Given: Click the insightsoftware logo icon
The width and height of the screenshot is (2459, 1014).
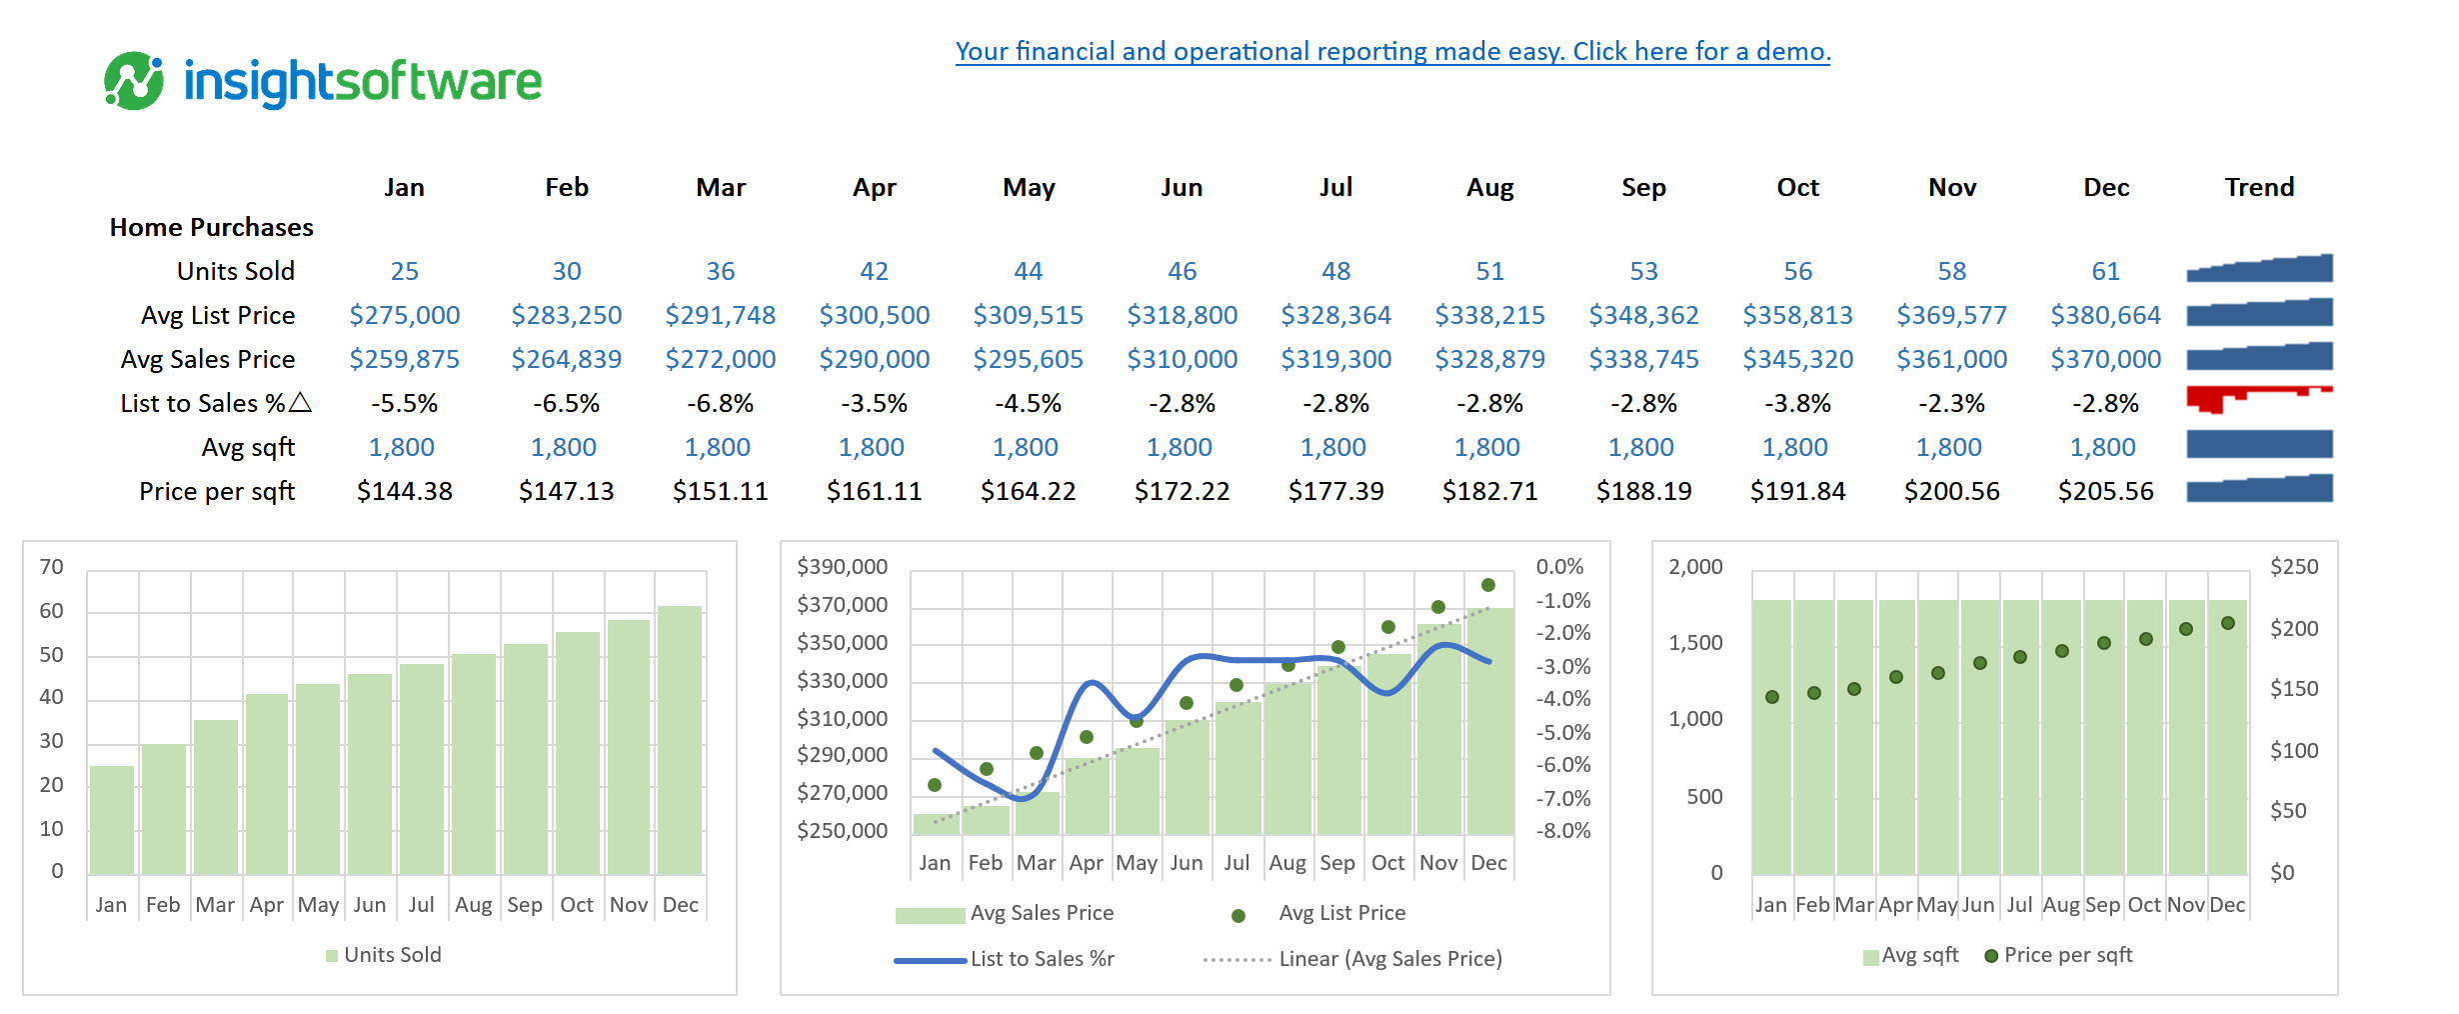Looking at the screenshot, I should pos(134,81).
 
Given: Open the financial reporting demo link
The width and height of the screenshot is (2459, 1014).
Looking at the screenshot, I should pos(1391,51).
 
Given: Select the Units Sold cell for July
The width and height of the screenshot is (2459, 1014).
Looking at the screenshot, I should pos(1335,271).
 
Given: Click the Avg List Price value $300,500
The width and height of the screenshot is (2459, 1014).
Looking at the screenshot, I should pos(874,315).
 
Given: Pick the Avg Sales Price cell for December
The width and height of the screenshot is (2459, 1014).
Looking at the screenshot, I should pos(2105,359).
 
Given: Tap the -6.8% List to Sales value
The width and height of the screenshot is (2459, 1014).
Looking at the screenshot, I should pos(720,403).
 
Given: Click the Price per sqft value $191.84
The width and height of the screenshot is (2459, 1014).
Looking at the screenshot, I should pos(1797,491).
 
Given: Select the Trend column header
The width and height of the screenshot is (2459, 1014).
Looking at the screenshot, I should pos(2259,187).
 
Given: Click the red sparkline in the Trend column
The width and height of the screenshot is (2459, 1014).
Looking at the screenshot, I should pos(2259,398).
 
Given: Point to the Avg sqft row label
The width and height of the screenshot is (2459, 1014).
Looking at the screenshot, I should pos(248,447).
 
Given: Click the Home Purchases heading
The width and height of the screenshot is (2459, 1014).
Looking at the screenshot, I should pos(211,227).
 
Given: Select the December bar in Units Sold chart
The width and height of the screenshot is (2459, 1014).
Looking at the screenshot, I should pos(680,740).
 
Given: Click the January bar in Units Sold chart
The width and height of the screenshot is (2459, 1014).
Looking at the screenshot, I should pos(112,820).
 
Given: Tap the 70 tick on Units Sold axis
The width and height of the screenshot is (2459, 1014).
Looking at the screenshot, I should pos(51,567).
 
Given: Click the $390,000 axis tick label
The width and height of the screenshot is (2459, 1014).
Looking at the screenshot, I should pos(842,567).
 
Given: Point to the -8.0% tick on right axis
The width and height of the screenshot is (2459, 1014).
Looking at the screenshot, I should pos(1562,831).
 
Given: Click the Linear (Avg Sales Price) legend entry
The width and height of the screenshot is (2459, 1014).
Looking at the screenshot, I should pos(1389,959).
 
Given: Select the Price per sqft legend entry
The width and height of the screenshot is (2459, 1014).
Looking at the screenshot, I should pos(2067,955).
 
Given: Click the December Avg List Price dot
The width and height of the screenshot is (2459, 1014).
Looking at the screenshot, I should pos(1488,585).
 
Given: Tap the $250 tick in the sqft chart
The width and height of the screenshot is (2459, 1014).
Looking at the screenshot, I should pos(2293,567).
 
